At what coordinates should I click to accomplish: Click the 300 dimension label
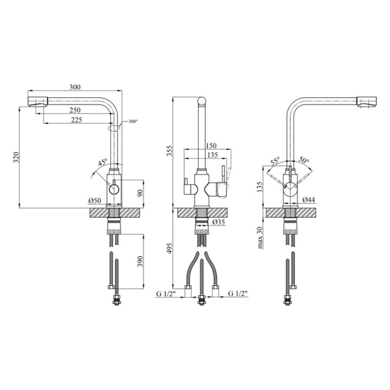(x=75, y=87)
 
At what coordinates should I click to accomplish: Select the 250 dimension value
(x=75, y=110)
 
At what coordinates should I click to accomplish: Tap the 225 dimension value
(x=77, y=120)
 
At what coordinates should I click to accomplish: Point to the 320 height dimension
(x=16, y=157)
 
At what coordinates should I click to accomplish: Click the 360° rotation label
(x=133, y=121)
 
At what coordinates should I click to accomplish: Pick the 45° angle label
(x=103, y=162)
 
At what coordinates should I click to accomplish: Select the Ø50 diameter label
(x=95, y=200)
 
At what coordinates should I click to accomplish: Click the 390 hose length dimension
(x=140, y=261)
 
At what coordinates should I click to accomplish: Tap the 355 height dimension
(x=169, y=151)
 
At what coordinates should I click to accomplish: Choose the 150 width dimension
(x=211, y=145)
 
